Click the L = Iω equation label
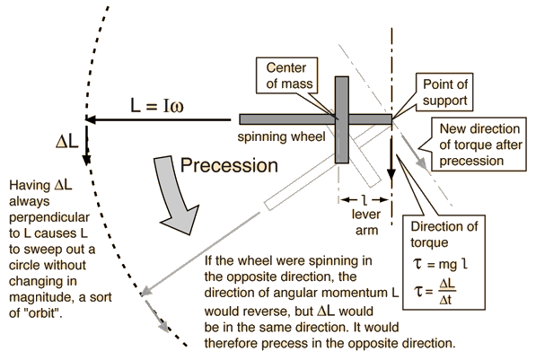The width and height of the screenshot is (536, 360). coord(157,105)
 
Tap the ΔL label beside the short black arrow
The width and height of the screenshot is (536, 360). coord(67,141)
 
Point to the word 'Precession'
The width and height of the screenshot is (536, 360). coord(229,165)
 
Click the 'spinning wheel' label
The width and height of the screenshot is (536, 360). coord(281,136)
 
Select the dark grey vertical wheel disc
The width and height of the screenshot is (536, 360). coord(342,119)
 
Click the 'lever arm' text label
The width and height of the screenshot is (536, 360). coord(366,223)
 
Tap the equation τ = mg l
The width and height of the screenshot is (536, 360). coord(440,264)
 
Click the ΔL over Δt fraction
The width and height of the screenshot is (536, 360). coord(447,292)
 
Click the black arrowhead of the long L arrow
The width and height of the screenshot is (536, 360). coord(90,119)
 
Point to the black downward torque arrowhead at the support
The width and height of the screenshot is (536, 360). coord(391,175)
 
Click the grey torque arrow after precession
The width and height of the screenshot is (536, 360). coord(414,152)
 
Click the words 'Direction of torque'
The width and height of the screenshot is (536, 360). coord(444,234)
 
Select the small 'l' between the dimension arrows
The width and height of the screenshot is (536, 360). coord(365,200)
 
